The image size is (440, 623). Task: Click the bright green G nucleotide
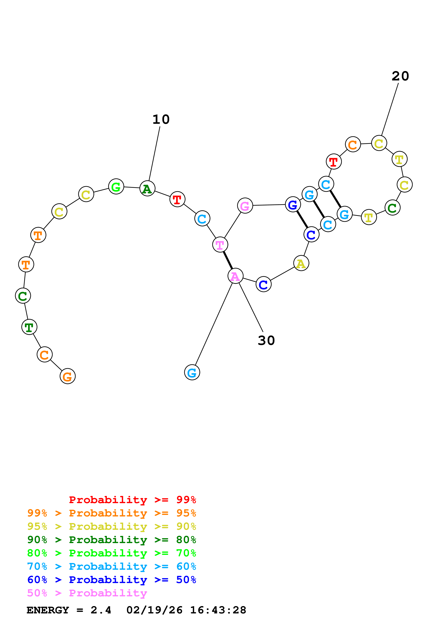coord(116,187)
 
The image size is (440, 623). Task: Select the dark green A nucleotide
coord(147,188)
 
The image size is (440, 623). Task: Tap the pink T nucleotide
coord(220,245)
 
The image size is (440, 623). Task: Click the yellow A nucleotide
coord(301,263)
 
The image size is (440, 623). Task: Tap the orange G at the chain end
coord(67,376)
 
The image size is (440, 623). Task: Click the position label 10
coord(161,119)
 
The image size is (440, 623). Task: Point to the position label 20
coord(400,76)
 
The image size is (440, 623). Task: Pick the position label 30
coord(266,340)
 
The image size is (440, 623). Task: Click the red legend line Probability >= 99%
coord(132,500)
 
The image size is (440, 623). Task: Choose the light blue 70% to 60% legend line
coord(111,566)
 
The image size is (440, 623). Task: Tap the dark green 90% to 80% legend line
coord(111,540)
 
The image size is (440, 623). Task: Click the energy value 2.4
coord(101,610)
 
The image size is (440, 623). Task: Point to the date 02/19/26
coord(154,610)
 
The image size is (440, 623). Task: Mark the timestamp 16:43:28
coord(218,610)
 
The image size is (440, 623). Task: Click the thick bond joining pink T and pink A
coord(228,260)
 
